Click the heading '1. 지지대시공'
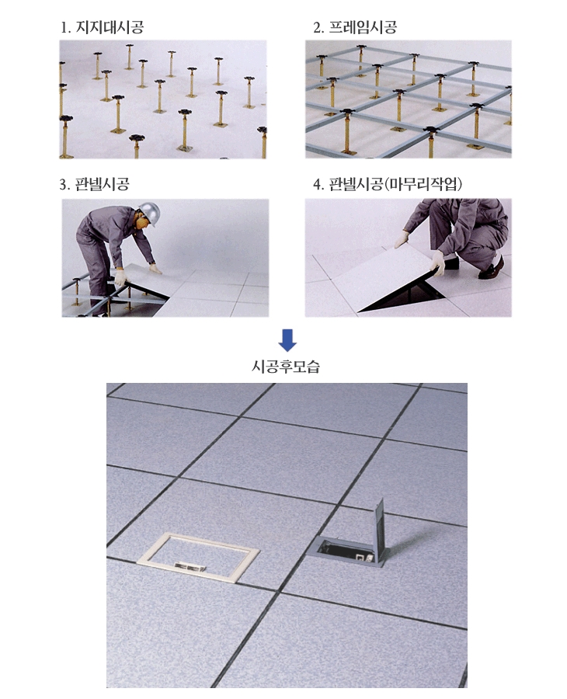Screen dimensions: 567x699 pos(102,27)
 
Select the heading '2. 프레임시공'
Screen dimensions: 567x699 pos(355,27)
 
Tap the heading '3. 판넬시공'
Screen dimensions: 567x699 pos(95,184)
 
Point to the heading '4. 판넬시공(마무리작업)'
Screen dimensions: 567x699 pos(388,184)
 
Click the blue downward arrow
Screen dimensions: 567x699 pos(287,340)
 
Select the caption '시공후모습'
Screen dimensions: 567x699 pos(286,367)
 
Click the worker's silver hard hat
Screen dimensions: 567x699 pos(149,212)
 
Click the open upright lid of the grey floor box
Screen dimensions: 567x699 pos(379,530)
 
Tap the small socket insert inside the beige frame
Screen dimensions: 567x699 pos(190,567)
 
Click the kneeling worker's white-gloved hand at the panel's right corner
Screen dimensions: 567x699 pos(437,263)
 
